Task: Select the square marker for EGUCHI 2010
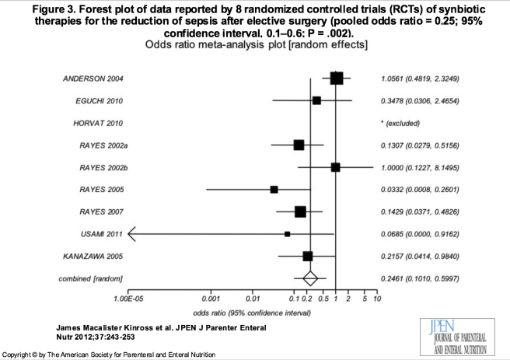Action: pos(316,100)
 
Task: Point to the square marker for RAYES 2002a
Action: pos(299,145)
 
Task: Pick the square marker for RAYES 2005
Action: pos(274,189)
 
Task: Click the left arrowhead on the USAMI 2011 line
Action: pos(132,233)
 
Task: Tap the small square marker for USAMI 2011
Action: pos(288,233)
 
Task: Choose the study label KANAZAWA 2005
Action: pos(93,256)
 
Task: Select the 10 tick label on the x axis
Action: pos(377,299)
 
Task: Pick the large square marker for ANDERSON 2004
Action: pos(337,78)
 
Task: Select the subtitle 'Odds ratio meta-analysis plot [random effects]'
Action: pos(255,46)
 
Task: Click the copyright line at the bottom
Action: pos(108,354)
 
